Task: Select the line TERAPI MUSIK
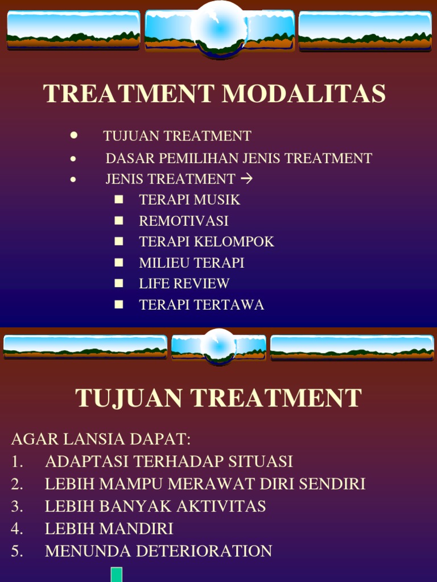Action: point(189,200)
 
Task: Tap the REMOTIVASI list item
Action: point(183,221)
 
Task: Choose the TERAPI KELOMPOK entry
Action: point(207,242)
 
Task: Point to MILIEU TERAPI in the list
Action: point(191,263)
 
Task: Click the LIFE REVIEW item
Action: point(184,284)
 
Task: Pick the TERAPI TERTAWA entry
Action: point(201,305)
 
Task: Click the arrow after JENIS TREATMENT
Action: point(246,179)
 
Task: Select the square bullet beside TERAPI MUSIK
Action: point(118,199)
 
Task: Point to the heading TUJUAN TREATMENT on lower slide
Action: point(218,398)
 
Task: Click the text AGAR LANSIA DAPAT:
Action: point(101,439)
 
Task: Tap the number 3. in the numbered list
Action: point(17,506)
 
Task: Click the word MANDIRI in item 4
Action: point(137,529)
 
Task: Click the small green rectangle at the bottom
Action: point(117,575)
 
